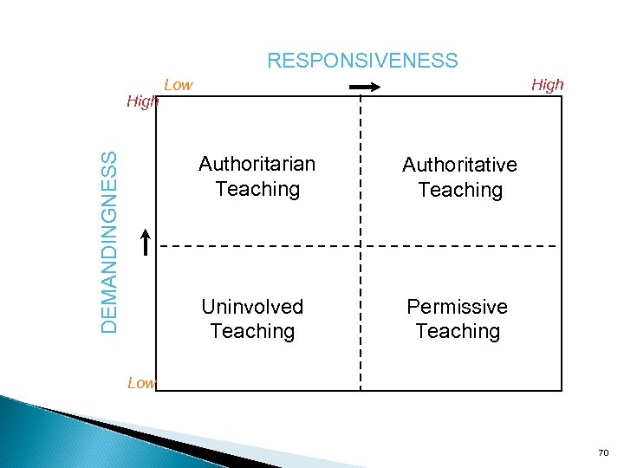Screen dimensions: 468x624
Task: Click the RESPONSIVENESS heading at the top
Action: [x=362, y=61]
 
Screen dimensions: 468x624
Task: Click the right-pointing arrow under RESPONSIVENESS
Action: [x=365, y=86]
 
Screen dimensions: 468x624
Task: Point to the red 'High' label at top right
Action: [x=547, y=85]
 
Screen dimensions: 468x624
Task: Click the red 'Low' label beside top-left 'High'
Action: [x=179, y=85]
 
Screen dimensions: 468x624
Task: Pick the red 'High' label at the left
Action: [x=142, y=101]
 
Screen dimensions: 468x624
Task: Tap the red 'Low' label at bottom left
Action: [x=140, y=382]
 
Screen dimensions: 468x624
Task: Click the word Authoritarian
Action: [x=257, y=164]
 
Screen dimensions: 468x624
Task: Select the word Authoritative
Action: [x=459, y=165]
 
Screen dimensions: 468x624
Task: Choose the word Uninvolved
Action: [x=252, y=307]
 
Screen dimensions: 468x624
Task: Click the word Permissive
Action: [x=458, y=307]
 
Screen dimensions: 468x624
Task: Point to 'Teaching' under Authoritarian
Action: [x=257, y=189]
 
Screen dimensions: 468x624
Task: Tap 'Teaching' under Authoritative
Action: [x=460, y=190]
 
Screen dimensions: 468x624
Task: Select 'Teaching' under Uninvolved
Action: [x=252, y=331]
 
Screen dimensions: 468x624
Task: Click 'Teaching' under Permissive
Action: [x=458, y=331]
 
